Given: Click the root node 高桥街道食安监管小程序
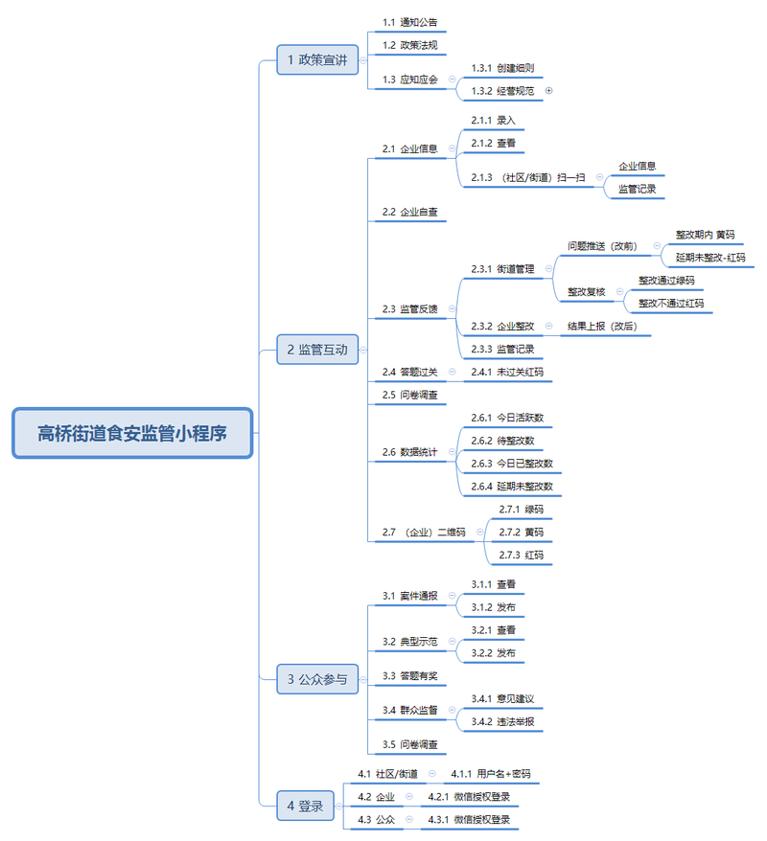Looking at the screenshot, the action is click(132, 433).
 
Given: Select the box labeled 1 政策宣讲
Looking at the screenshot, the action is click(317, 59).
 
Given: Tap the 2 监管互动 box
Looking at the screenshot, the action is click(317, 350).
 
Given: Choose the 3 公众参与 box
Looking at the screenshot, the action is click(317, 679).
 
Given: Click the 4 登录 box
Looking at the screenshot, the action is click(305, 806).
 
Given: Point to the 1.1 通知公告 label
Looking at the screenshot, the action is click(409, 22).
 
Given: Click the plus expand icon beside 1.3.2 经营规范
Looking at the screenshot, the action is click(548, 91).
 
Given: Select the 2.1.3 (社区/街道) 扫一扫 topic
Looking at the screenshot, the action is click(527, 177).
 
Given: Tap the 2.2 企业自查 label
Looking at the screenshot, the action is click(409, 212).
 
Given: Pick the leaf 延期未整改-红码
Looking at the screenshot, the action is click(710, 258).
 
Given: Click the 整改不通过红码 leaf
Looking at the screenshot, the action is click(671, 303).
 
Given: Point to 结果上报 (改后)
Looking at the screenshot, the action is click(602, 326).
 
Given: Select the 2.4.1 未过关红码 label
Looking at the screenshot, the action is click(507, 372).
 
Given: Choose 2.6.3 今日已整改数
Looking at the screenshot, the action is click(512, 464).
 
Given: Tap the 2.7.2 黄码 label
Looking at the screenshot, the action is click(521, 532).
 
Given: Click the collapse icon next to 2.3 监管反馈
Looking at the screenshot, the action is click(452, 308).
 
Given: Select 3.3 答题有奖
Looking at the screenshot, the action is click(409, 676).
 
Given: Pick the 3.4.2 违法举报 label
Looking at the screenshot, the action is click(502, 721).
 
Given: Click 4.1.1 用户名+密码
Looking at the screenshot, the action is click(491, 773).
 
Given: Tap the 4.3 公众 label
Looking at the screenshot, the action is click(376, 820).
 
